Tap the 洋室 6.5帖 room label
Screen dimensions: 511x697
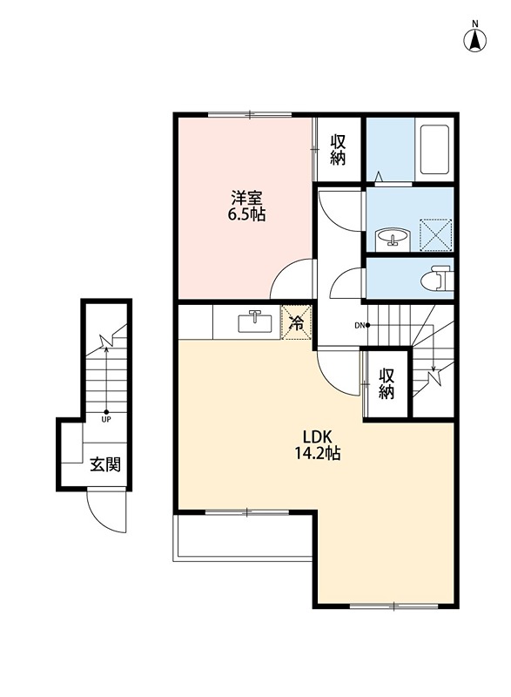[x=247, y=206]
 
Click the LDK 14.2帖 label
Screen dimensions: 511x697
[x=318, y=444]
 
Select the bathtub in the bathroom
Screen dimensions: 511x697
[x=434, y=149]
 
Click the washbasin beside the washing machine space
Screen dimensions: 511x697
[x=392, y=236]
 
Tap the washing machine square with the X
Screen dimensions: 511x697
[x=436, y=234]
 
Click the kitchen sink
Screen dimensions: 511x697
[x=256, y=321]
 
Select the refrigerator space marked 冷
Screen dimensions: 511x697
[x=297, y=321]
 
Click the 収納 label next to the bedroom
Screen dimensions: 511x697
[x=338, y=150]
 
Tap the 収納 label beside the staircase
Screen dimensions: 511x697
[x=387, y=383]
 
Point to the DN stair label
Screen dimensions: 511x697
[x=360, y=325]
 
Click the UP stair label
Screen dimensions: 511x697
[x=106, y=419]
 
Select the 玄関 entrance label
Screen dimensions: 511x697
[x=105, y=465]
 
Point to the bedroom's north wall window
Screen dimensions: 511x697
[x=250, y=115]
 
